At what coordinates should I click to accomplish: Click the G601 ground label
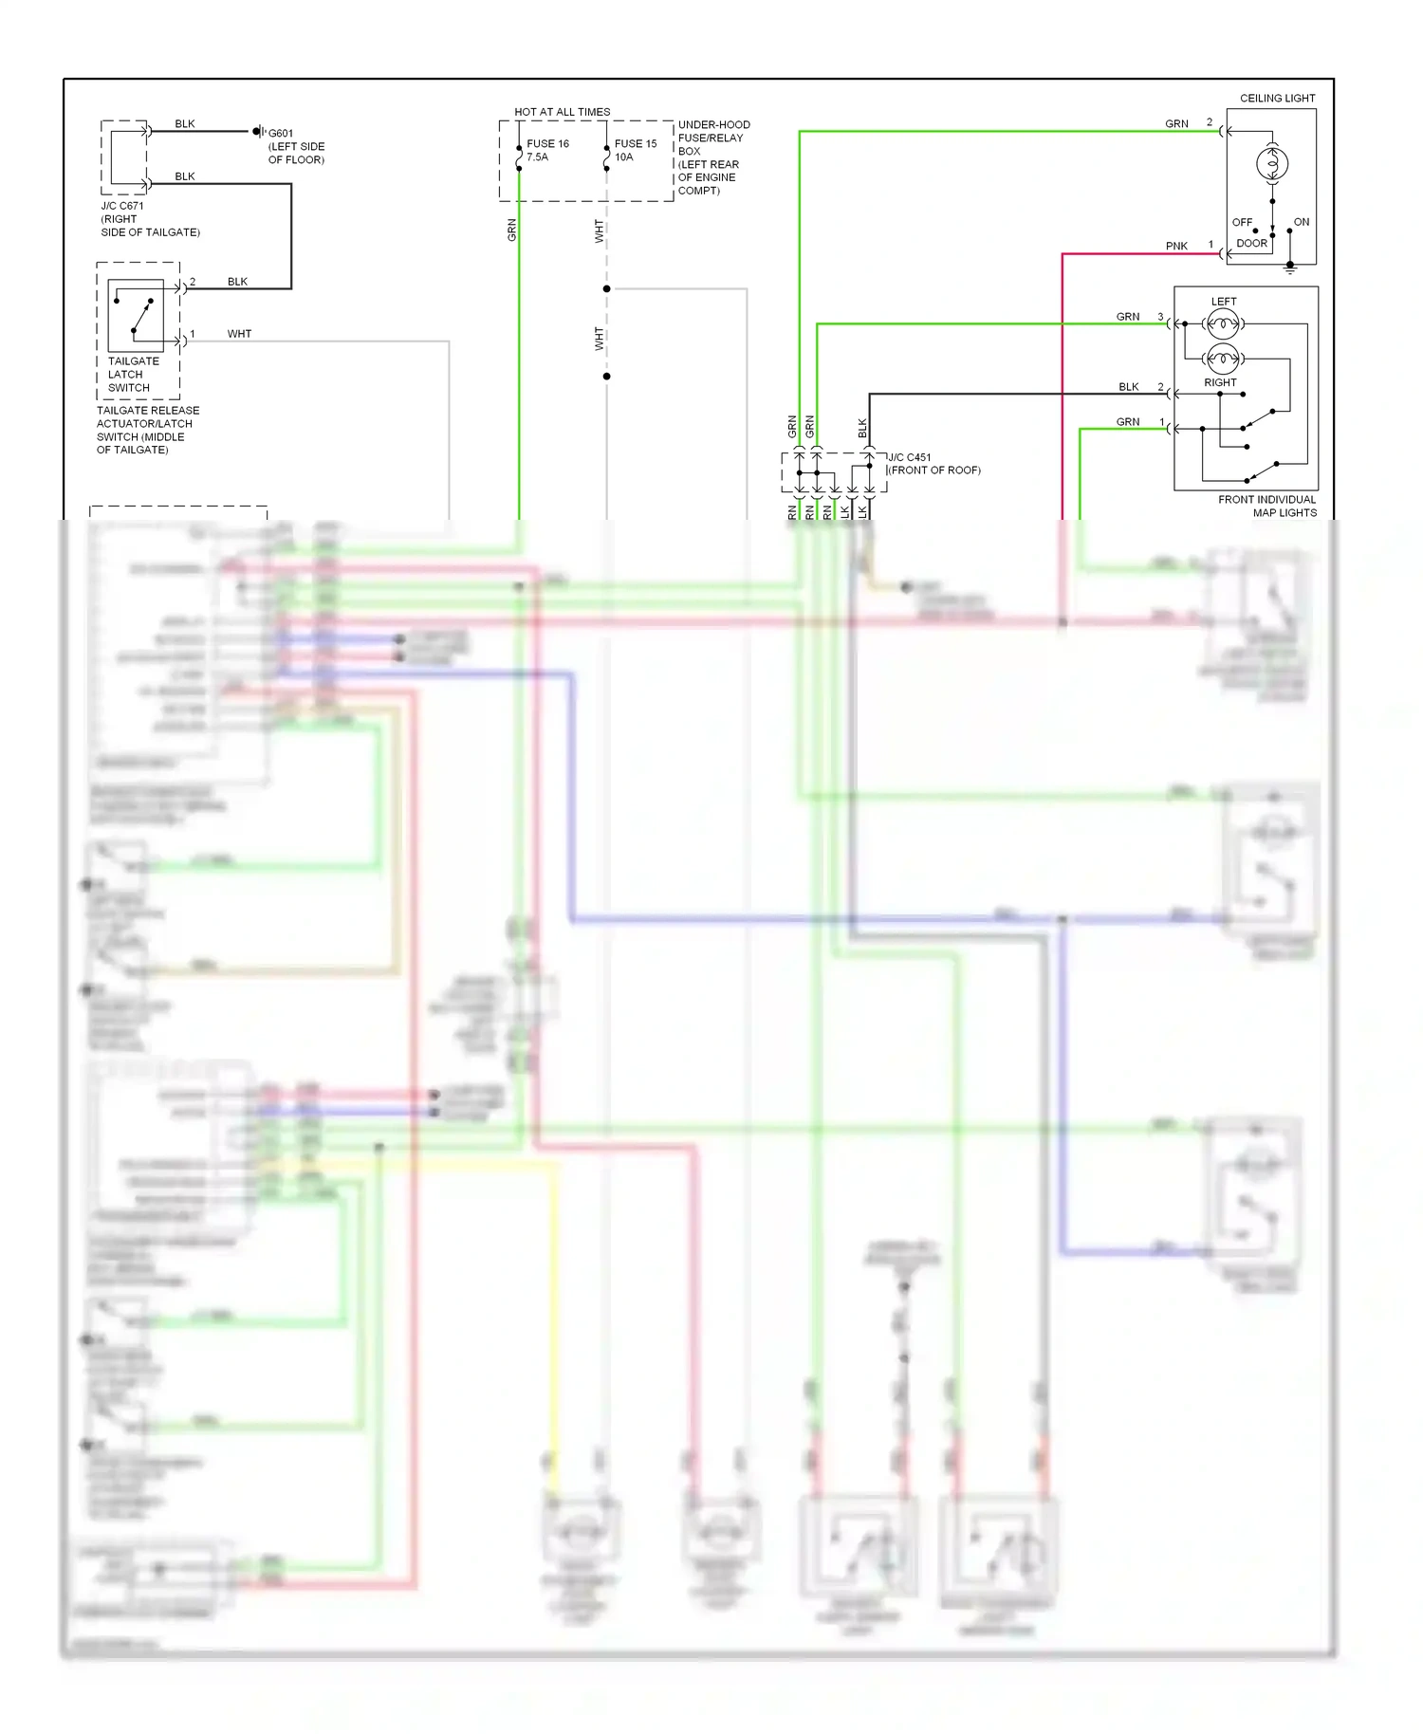281,134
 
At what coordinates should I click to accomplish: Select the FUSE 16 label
547,144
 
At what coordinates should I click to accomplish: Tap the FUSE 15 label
636,144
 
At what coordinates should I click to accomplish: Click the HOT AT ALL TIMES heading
562,112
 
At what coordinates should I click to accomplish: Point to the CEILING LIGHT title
1277,99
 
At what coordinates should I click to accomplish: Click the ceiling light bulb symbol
1272,164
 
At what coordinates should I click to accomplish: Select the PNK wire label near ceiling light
1176,247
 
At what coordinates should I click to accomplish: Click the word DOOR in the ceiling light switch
1251,244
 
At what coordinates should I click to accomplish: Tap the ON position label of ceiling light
1301,222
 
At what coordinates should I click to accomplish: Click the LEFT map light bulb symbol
1223,324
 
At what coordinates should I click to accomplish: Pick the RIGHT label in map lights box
1220,383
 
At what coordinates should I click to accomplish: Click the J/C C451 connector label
910,457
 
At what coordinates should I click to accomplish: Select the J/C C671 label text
122,206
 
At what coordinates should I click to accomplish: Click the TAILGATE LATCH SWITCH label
133,375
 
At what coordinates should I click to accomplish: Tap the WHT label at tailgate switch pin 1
239,334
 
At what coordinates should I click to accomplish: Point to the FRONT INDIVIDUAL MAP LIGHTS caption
1267,507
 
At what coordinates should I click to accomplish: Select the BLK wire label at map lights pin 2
1128,387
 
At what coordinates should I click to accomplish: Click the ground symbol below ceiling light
1289,269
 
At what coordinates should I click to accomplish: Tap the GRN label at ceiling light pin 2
1176,124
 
